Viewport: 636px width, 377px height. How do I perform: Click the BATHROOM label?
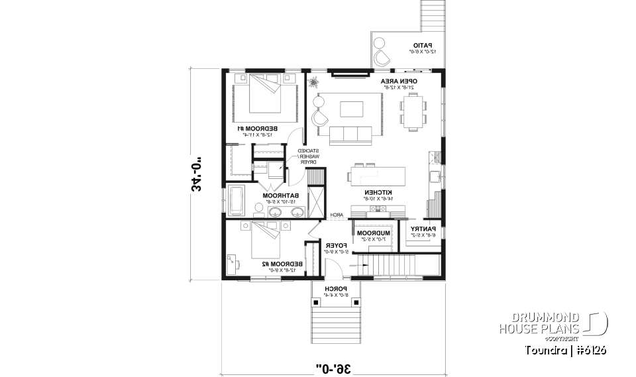tap(280, 195)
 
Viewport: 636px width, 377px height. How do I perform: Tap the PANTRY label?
tap(421, 229)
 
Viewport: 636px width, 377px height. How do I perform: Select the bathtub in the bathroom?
tap(236, 201)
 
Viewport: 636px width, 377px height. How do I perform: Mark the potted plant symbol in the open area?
tap(313, 83)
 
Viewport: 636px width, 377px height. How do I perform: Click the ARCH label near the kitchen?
tap(337, 215)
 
